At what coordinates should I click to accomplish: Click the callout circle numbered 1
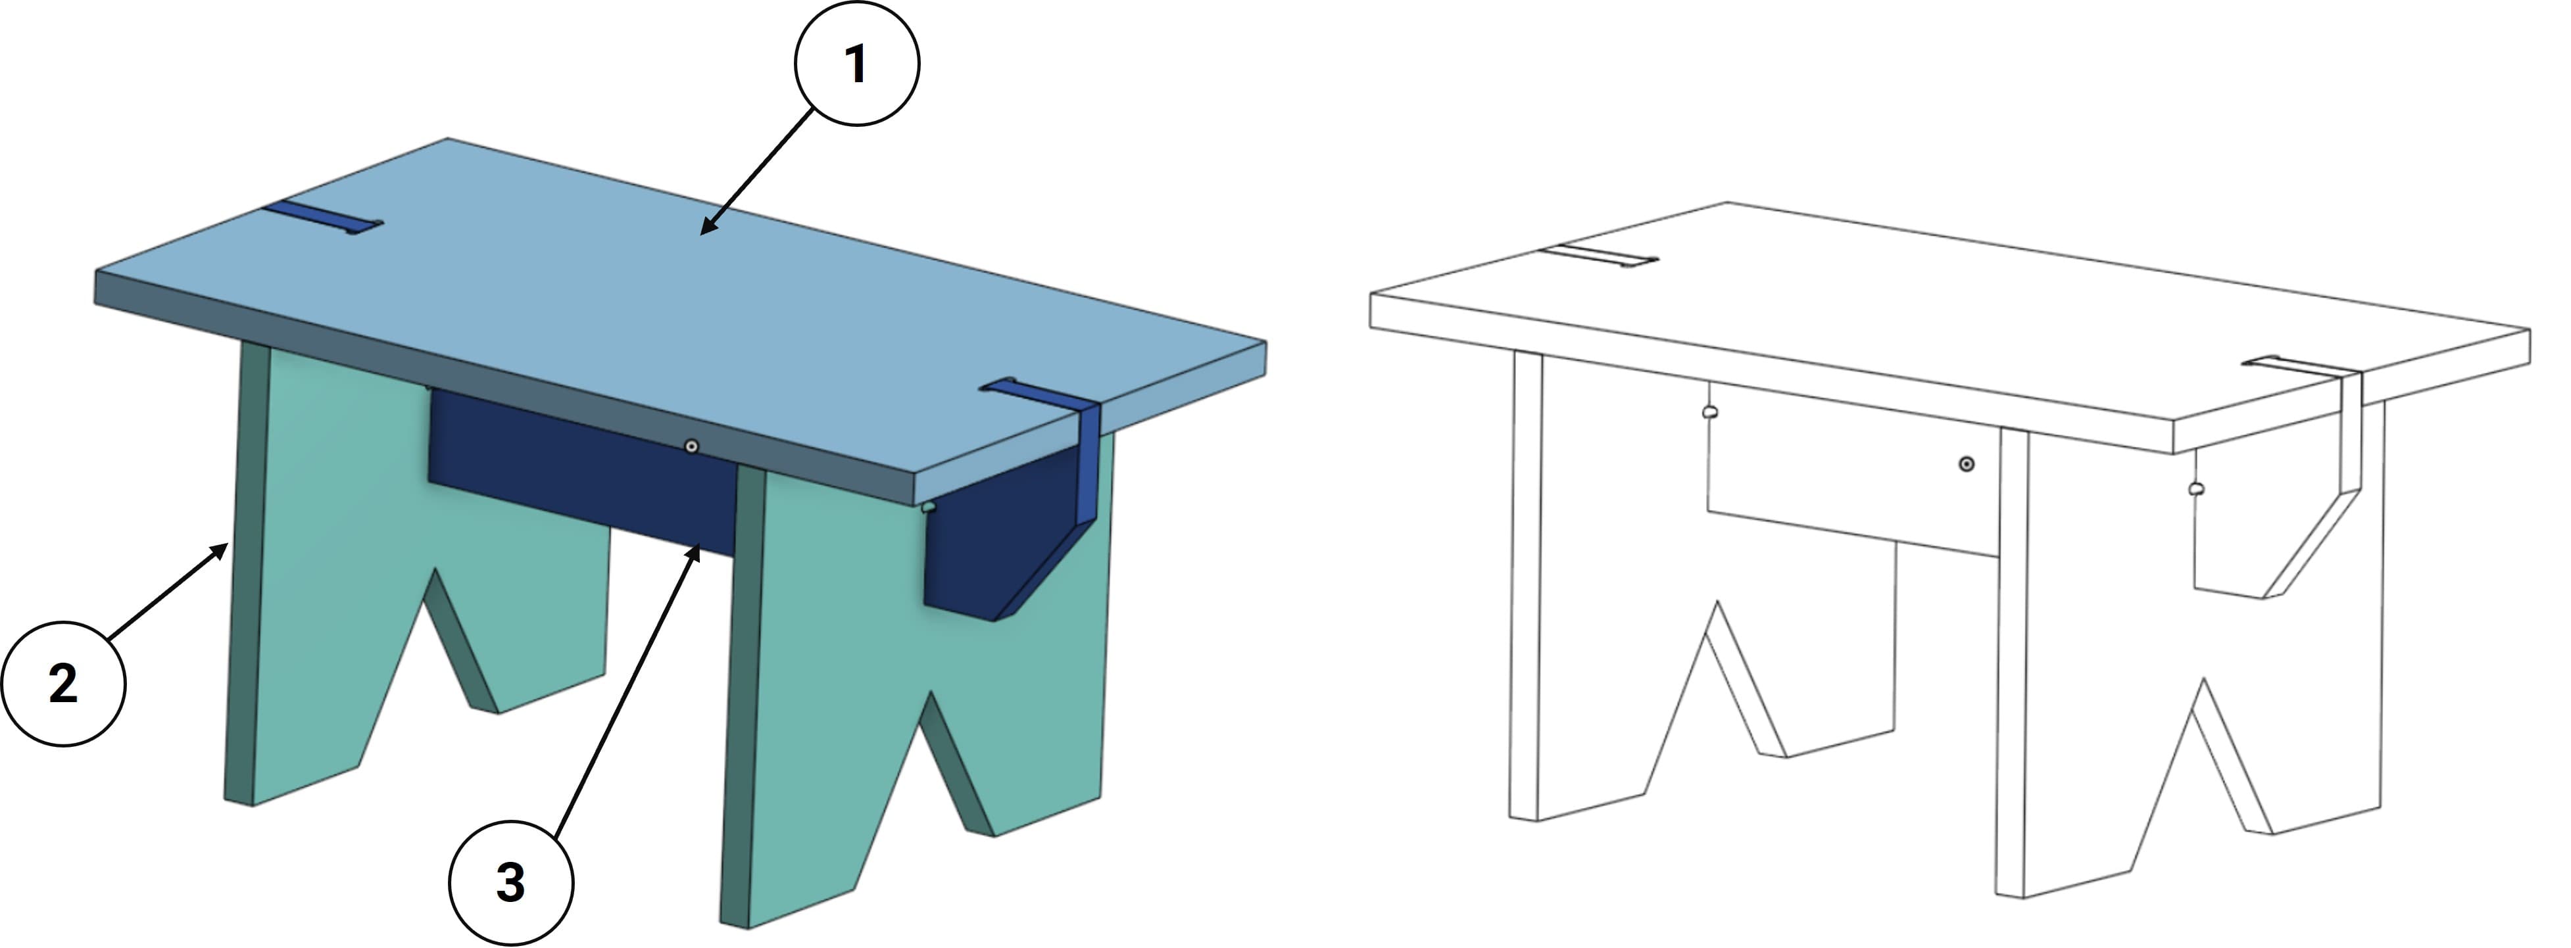856,64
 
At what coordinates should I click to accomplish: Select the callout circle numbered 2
63,684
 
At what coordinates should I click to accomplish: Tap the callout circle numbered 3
511,882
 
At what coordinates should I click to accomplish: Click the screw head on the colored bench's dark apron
692,446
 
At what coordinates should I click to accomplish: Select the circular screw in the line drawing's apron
1966,464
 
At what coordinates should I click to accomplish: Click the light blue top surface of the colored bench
679,299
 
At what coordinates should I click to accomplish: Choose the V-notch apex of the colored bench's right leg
931,692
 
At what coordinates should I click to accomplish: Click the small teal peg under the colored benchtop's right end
929,507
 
